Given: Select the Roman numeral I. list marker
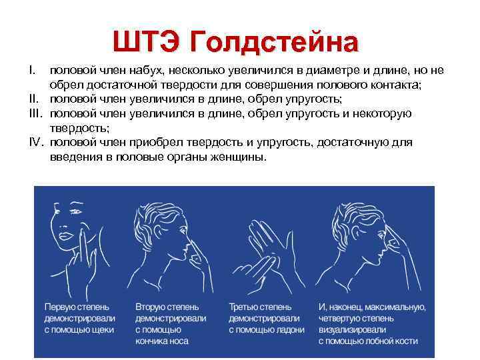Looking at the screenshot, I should point(31,71).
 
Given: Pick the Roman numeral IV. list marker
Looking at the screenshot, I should point(36,143).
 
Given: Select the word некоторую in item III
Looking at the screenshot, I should point(380,113).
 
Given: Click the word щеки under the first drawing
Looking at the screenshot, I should point(101,330).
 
